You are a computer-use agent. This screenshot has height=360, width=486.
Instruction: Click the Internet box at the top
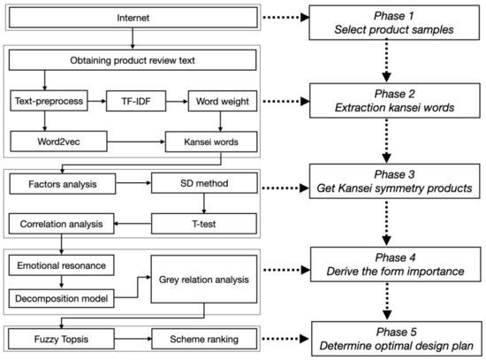[133, 18]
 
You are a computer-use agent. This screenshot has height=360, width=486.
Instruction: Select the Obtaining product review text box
[133, 61]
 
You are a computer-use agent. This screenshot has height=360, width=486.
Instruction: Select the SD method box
[205, 186]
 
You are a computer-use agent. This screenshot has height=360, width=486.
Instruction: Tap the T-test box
[205, 225]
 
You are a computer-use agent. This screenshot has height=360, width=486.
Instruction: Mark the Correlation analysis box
[62, 225]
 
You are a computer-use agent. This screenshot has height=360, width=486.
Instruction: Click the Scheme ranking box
[205, 338]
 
